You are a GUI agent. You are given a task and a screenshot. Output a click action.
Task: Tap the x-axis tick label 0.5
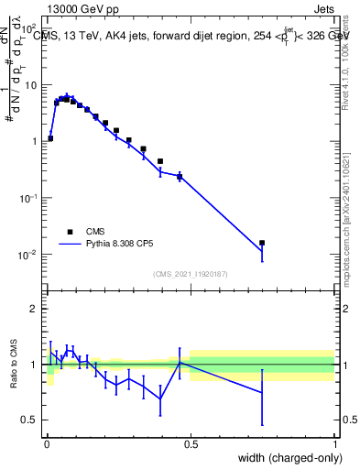coord(191,442)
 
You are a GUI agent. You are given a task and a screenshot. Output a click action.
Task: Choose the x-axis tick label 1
coord(335,442)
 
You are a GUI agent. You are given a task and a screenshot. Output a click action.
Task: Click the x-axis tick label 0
coord(46,442)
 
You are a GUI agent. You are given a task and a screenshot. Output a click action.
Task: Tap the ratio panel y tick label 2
coord(34,309)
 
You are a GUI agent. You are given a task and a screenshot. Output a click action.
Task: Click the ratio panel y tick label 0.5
coord(29,420)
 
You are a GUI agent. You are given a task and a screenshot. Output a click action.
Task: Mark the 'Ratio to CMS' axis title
coord(13,365)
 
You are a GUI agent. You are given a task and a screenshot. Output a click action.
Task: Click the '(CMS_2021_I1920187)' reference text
coord(190,273)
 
